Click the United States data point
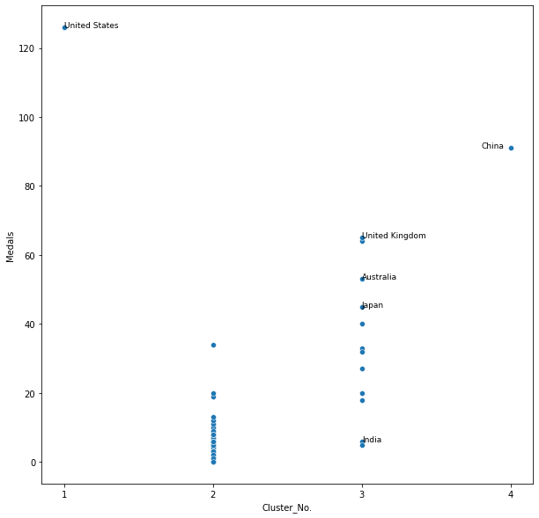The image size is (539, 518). pyautogui.click(x=64, y=27)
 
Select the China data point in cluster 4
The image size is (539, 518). pyautogui.click(x=511, y=148)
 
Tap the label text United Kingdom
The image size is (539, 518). pyautogui.click(x=394, y=236)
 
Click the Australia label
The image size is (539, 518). pyautogui.click(x=380, y=277)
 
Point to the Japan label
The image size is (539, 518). pyautogui.click(x=373, y=305)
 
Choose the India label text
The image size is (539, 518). pyautogui.click(x=372, y=440)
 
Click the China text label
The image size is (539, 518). pyautogui.click(x=492, y=146)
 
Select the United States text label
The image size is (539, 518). pyautogui.click(x=92, y=26)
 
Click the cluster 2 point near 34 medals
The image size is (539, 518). pyautogui.click(x=213, y=345)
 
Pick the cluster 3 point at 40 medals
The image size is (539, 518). pyautogui.click(x=362, y=324)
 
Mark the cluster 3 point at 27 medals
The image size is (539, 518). pyautogui.click(x=362, y=368)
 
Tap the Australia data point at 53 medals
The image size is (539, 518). pyautogui.click(x=362, y=279)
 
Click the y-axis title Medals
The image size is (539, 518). pyautogui.click(x=11, y=246)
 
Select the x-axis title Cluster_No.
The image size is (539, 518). pyautogui.click(x=287, y=507)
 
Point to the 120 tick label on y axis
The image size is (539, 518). pyautogui.click(x=26, y=48)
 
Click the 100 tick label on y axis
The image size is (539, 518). pyautogui.click(x=26, y=118)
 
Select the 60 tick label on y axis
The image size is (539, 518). pyautogui.click(x=28, y=256)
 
